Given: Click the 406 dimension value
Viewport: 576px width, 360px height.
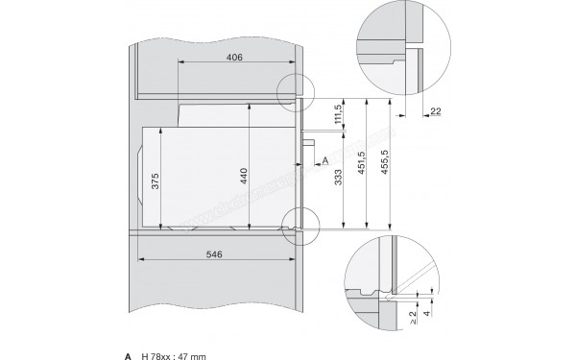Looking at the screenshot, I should (x=234, y=58).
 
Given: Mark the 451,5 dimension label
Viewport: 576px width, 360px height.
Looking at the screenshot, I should (x=362, y=163).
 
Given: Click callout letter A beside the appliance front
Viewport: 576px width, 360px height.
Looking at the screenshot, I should (x=325, y=158).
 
